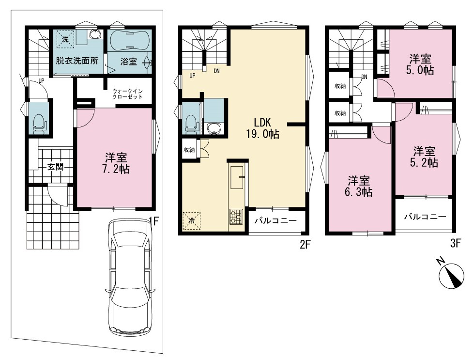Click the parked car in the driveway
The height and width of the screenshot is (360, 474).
(131, 277)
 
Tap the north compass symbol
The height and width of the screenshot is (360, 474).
(451, 274)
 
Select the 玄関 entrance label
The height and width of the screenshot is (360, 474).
(55, 166)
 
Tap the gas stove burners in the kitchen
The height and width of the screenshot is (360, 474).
(236, 217)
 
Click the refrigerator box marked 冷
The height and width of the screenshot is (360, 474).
(192, 220)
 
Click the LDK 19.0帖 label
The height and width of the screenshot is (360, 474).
(262, 128)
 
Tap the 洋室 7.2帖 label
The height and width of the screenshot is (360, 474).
(116, 163)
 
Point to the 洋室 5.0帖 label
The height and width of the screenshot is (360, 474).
(420, 64)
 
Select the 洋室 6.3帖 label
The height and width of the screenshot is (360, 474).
(358, 187)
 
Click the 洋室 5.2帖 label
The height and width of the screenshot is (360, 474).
(424, 157)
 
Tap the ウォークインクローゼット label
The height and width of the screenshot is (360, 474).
(127, 94)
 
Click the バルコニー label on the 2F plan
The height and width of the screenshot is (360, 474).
(275, 221)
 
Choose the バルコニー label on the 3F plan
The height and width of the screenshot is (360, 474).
(425, 217)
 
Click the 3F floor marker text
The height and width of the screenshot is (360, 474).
(455, 243)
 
